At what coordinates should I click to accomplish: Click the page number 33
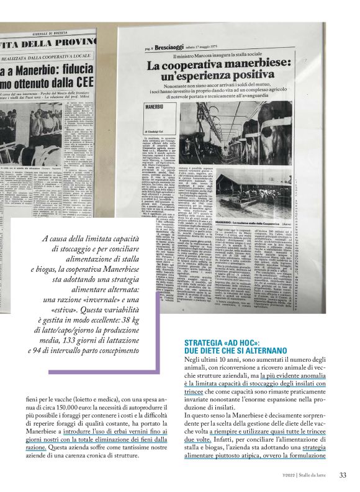pyautogui.click(x=343, y=476)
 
